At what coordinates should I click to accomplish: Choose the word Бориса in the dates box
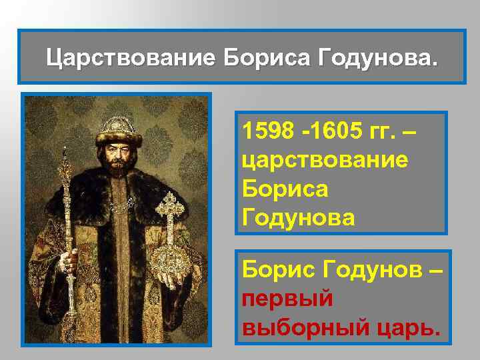coord(285,188)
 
